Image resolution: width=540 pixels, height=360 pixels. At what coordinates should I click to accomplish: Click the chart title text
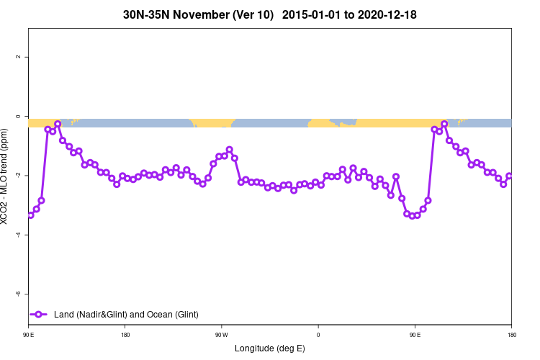click(x=270, y=14)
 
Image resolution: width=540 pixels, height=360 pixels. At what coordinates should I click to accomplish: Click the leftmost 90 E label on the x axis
click(x=29, y=335)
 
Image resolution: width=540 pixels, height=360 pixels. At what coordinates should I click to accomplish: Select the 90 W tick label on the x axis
click(x=221, y=335)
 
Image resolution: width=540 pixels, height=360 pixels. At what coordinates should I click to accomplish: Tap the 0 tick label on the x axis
click(x=318, y=335)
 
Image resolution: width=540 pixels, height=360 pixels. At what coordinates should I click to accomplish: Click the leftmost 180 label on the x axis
click(x=125, y=335)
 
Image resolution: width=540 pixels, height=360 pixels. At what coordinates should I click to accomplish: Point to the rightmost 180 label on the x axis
click(x=511, y=335)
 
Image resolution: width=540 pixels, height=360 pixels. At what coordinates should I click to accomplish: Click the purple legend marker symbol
click(x=40, y=315)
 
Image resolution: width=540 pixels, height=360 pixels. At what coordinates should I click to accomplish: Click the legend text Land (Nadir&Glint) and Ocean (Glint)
click(x=126, y=315)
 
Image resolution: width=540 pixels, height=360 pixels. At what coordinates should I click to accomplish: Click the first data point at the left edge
click(x=31, y=215)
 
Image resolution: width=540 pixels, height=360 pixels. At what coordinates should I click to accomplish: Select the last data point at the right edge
click(x=509, y=176)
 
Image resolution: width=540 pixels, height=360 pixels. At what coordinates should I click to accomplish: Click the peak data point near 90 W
click(x=229, y=150)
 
